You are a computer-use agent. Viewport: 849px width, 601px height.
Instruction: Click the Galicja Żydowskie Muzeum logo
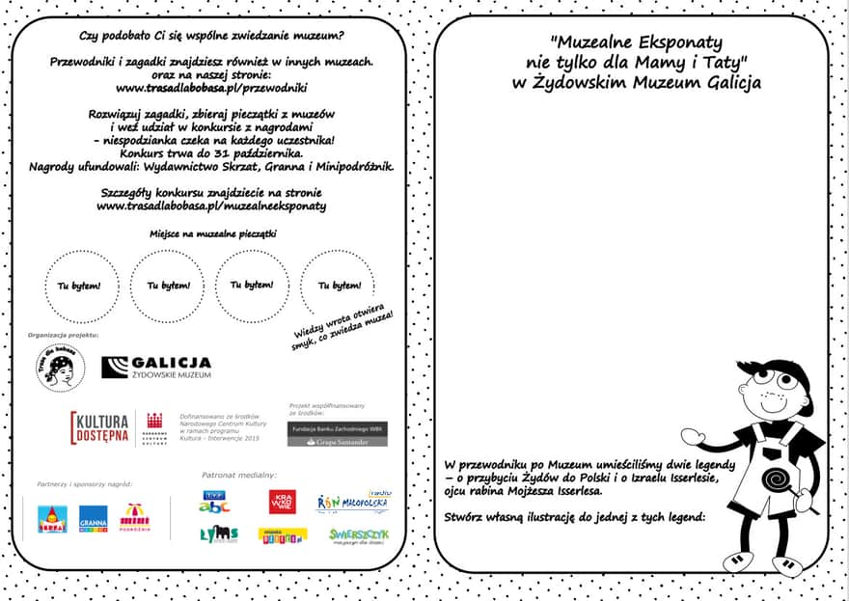pyautogui.click(x=156, y=367)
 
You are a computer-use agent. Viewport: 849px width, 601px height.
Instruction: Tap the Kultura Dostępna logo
pyautogui.click(x=100, y=427)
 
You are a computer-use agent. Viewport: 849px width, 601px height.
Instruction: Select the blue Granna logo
pyautogui.click(x=94, y=519)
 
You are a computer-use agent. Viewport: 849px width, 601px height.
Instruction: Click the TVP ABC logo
pyautogui.click(x=214, y=502)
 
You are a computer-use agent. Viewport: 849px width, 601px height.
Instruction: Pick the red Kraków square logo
pyautogui.click(x=283, y=502)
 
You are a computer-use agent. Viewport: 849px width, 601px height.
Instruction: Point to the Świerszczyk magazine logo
pyautogui.click(x=358, y=534)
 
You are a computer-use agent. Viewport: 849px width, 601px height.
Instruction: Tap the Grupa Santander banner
pyautogui.click(x=337, y=442)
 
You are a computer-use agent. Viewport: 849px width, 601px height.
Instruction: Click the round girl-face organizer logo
pyautogui.click(x=60, y=368)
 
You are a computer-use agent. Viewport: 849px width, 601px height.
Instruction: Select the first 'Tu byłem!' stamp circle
pyautogui.click(x=79, y=286)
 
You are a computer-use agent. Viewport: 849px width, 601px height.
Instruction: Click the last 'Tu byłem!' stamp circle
pyautogui.click(x=338, y=285)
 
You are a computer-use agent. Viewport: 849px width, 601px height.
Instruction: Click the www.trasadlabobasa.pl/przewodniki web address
pyautogui.click(x=211, y=88)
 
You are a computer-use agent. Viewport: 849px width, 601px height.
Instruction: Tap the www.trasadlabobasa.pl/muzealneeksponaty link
pyautogui.click(x=211, y=205)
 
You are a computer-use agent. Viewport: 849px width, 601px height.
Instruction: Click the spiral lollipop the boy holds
pyautogui.click(x=776, y=479)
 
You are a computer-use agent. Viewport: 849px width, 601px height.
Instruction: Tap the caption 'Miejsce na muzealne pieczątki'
pyautogui.click(x=212, y=233)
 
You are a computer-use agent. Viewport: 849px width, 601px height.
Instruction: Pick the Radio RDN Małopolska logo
pyautogui.click(x=354, y=502)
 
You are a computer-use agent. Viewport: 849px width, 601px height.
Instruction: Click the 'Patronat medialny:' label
pyautogui.click(x=238, y=475)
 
